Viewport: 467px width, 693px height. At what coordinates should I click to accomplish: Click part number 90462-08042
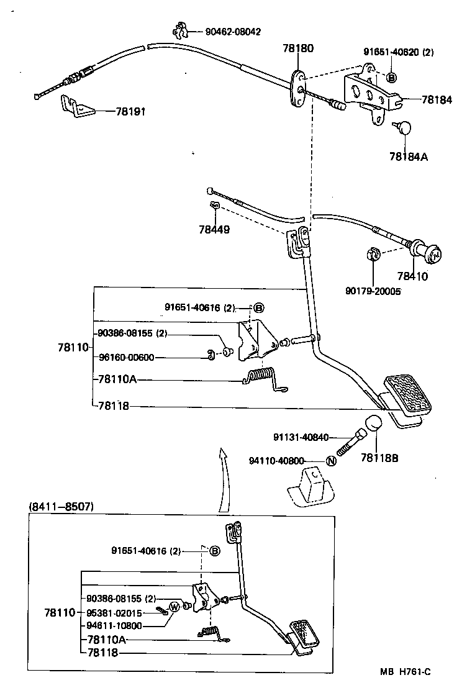233,31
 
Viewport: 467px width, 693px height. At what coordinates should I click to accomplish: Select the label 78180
299,48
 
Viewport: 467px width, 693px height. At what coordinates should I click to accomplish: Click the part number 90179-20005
374,291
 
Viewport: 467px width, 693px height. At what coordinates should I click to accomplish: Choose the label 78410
413,277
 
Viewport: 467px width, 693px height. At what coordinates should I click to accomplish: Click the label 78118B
379,458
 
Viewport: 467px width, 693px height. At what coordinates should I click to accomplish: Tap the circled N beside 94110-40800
331,461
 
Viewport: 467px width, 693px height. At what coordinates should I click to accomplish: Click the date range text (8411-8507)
61,506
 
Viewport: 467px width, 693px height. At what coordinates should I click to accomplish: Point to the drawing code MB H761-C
406,672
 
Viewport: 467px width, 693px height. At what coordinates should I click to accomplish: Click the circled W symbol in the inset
175,607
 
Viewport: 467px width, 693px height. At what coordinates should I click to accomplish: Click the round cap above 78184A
404,128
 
